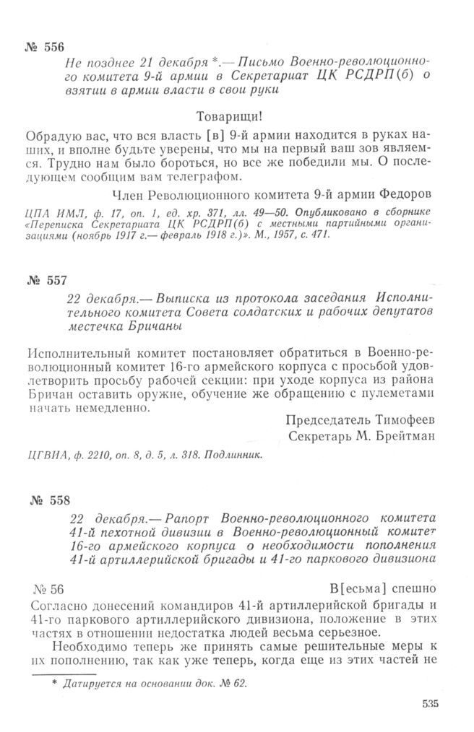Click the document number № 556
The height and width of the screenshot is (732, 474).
click(44, 48)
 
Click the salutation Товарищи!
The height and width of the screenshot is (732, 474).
click(236, 116)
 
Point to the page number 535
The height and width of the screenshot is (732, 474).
click(428, 705)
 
